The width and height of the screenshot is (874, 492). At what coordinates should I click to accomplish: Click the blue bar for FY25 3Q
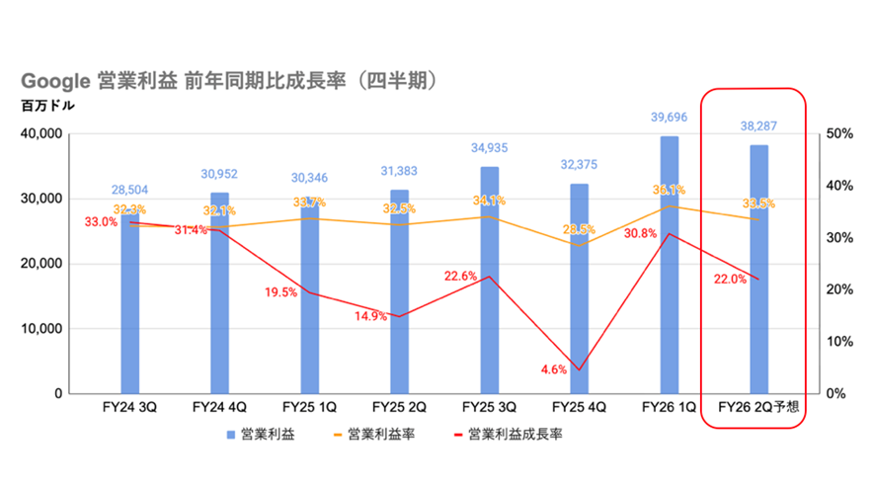tap(490, 280)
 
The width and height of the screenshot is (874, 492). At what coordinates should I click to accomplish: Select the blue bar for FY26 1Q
tap(669, 265)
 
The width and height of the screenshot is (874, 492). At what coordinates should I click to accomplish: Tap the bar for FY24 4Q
tap(219, 292)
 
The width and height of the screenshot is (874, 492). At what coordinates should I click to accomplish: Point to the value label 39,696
tap(669, 118)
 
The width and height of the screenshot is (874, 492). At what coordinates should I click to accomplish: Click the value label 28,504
tap(130, 190)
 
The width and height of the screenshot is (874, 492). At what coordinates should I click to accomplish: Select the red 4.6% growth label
tap(553, 369)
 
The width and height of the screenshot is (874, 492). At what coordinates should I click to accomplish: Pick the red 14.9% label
tap(370, 316)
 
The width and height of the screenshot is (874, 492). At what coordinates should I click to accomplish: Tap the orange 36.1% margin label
tap(669, 191)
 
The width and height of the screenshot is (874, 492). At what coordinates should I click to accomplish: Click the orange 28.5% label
tap(579, 229)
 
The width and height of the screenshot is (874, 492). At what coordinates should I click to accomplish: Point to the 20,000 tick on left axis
tap(41, 264)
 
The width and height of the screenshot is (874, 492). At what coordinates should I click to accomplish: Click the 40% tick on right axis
tap(839, 186)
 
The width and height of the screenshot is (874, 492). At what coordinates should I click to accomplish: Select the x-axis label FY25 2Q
tap(399, 407)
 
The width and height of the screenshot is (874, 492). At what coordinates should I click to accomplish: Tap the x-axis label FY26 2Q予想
tap(758, 407)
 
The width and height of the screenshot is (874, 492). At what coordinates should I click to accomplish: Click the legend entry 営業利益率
tap(374, 435)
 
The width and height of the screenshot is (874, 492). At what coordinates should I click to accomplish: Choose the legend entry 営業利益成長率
tap(509, 435)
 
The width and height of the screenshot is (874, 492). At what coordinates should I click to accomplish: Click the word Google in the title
tap(55, 81)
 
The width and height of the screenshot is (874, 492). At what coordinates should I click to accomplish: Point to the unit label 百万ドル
tap(48, 106)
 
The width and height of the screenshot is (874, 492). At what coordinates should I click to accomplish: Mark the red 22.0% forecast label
tap(730, 279)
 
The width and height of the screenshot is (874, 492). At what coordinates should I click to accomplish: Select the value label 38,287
tap(758, 126)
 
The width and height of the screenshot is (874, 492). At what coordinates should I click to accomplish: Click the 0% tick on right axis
tap(836, 394)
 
